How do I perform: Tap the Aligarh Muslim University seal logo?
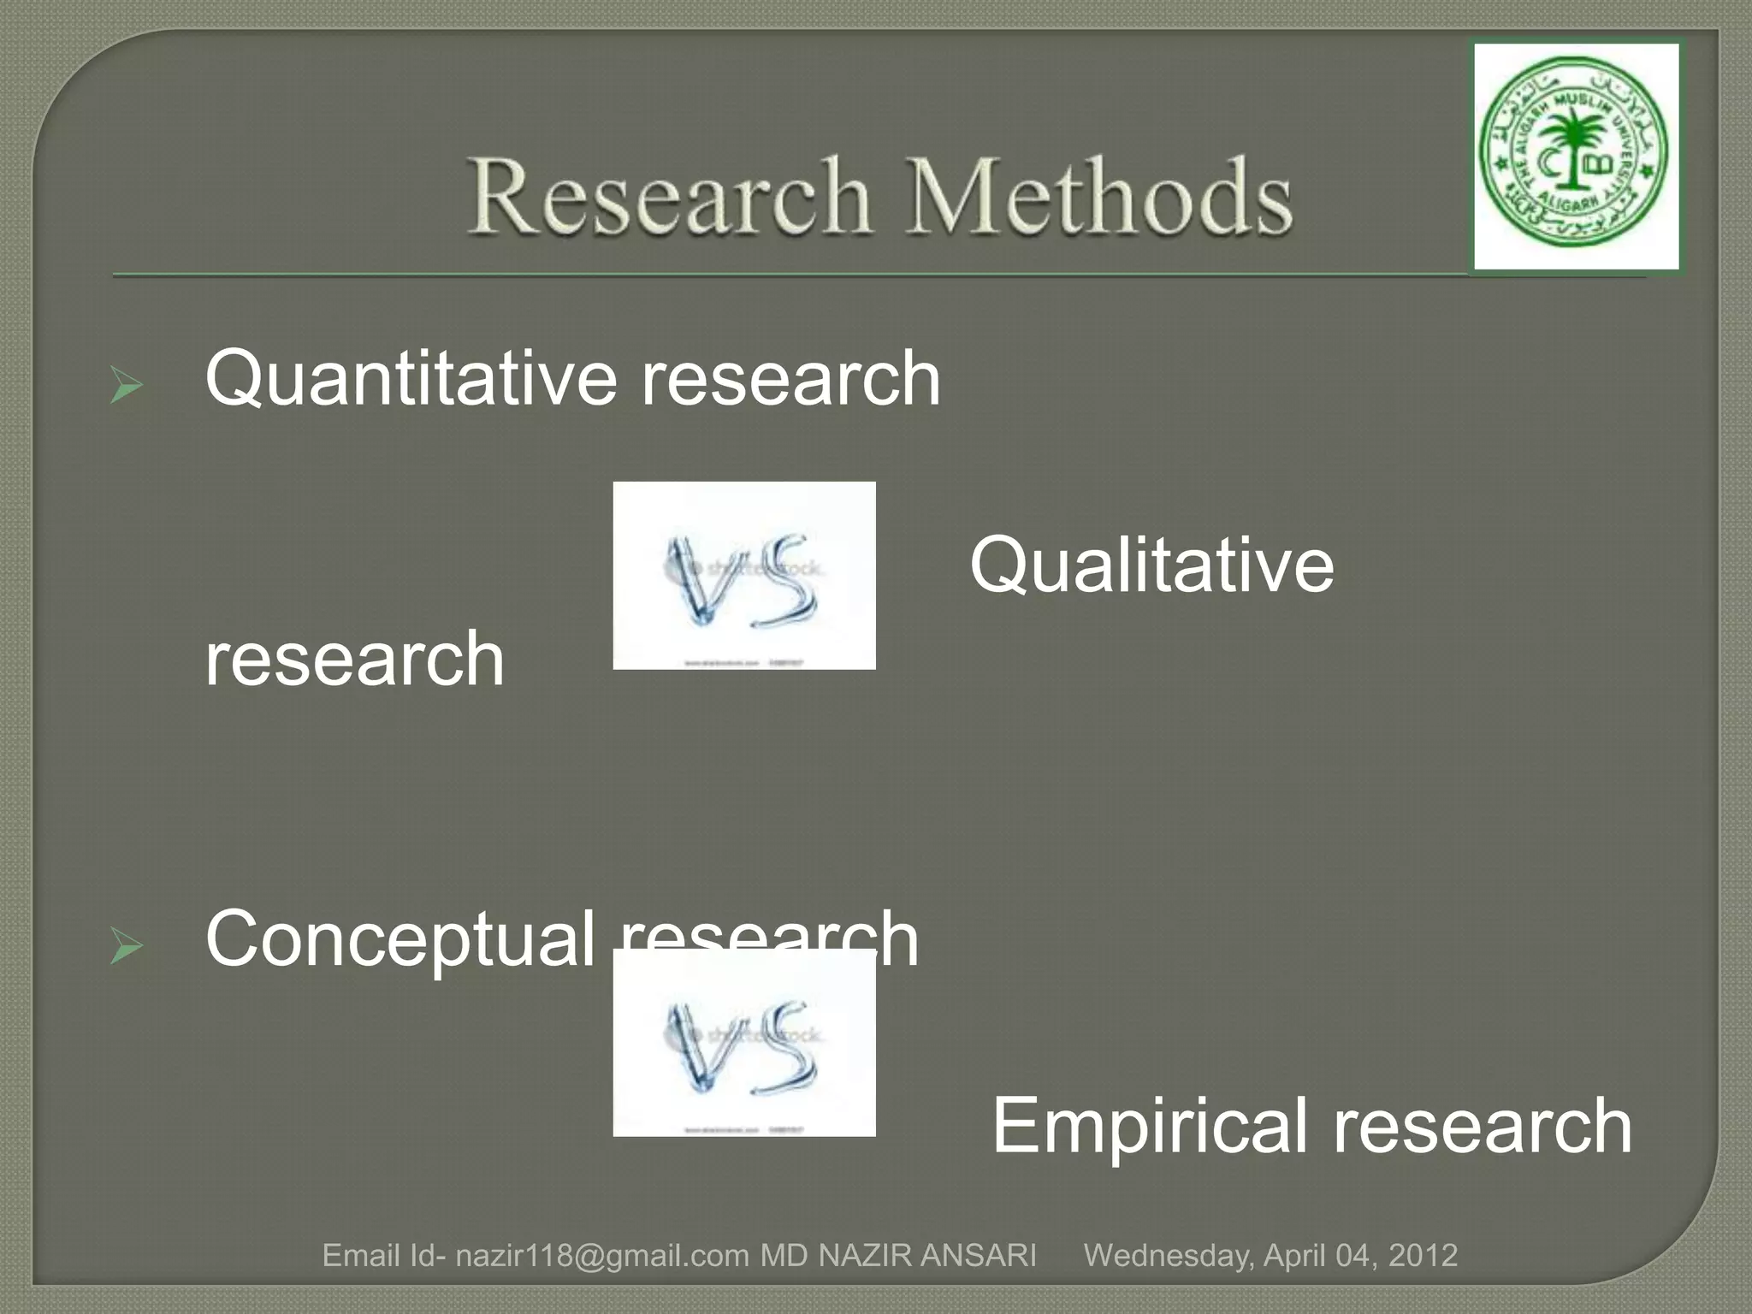pos(1577,157)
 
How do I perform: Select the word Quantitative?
pos(411,379)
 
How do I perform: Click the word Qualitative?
pos(1151,565)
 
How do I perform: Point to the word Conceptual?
pos(400,939)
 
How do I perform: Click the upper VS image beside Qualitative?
pos(744,576)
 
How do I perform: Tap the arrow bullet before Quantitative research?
pos(127,387)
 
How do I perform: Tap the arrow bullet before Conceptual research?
pos(127,948)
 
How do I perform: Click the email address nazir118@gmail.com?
pos(602,1256)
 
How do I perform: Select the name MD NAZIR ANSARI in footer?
pos(898,1256)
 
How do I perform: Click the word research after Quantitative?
pos(791,379)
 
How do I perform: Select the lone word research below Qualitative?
pos(354,659)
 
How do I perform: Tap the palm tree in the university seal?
pos(1572,141)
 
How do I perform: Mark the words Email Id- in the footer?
pos(383,1256)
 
